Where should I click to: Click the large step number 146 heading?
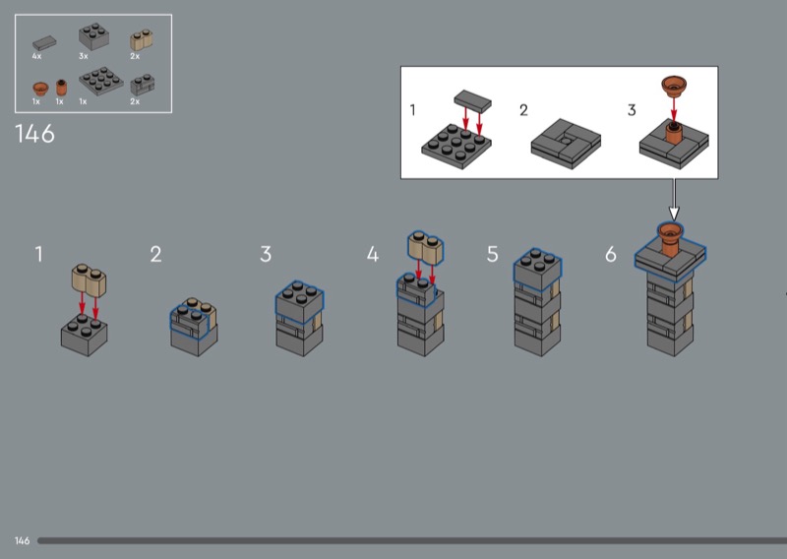(x=34, y=134)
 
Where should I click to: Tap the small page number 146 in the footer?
(x=22, y=541)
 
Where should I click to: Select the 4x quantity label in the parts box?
(x=36, y=56)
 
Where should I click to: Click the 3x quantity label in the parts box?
(x=84, y=56)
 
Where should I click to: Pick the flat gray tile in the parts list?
(x=44, y=43)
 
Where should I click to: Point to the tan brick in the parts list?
(x=141, y=40)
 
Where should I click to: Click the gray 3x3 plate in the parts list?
(x=101, y=82)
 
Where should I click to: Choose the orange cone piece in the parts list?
(x=40, y=89)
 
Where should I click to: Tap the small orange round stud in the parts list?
(x=61, y=88)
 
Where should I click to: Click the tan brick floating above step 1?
(x=89, y=279)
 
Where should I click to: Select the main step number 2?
(x=155, y=254)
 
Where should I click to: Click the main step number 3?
(x=266, y=254)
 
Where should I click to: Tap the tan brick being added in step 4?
(x=426, y=248)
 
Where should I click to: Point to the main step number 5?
(x=493, y=254)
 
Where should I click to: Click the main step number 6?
(x=610, y=254)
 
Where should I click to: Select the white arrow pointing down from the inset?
(x=674, y=200)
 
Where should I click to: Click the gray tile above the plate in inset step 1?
(x=472, y=101)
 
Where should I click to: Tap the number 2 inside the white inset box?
(x=523, y=110)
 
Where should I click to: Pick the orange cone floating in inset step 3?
(x=674, y=86)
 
